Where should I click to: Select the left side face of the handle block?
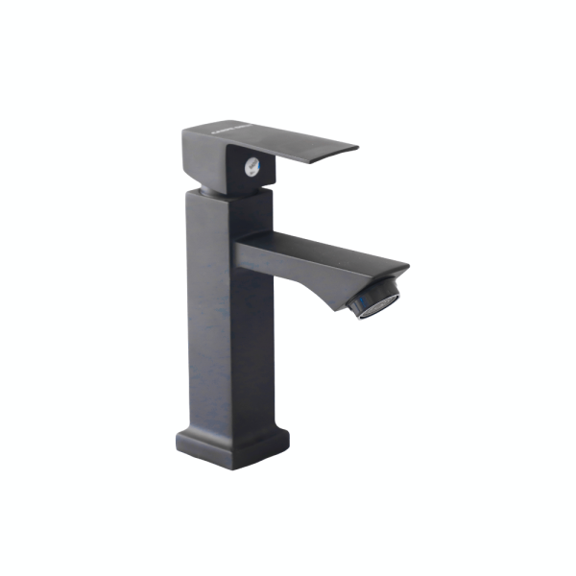[x=203, y=158]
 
